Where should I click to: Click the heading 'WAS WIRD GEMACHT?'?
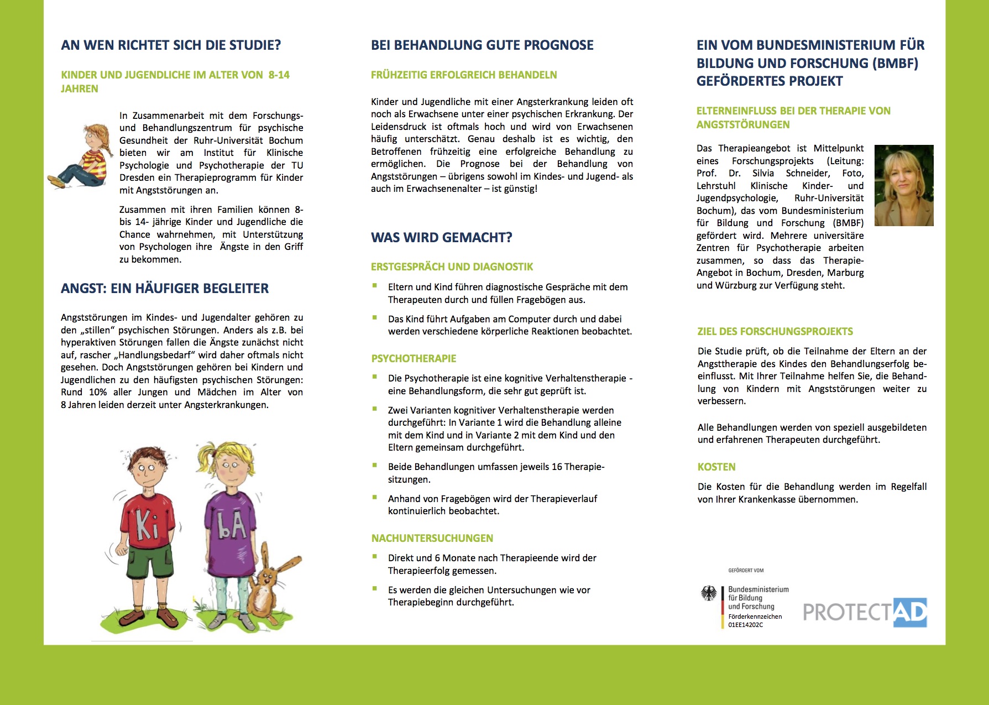pyautogui.click(x=441, y=238)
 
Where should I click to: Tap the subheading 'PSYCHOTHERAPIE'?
pyautogui.click(x=414, y=358)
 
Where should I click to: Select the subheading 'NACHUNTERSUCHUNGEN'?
pyautogui.click(x=432, y=538)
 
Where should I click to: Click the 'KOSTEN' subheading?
pyautogui.click(x=716, y=467)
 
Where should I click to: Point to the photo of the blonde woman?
pyautogui.click(x=904, y=185)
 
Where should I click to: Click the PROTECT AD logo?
pyautogui.click(x=865, y=612)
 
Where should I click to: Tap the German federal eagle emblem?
pyautogui.click(x=708, y=594)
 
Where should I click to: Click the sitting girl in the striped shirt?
pyautogui.click(x=83, y=158)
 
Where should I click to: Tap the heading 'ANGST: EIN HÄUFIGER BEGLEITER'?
pyautogui.click(x=165, y=288)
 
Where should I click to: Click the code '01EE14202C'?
pyautogui.click(x=745, y=625)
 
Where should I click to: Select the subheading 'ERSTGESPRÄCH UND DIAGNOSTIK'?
pyautogui.click(x=452, y=267)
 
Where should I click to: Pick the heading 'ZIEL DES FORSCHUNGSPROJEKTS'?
pyautogui.click(x=775, y=331)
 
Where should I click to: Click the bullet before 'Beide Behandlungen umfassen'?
pyautogui.click(x=375, y=466)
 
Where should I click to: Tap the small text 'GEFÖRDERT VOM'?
pyautogui.click(x=746, y=570)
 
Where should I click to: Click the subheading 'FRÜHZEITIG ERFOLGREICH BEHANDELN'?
pyautogui.click(x=464, y=75)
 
